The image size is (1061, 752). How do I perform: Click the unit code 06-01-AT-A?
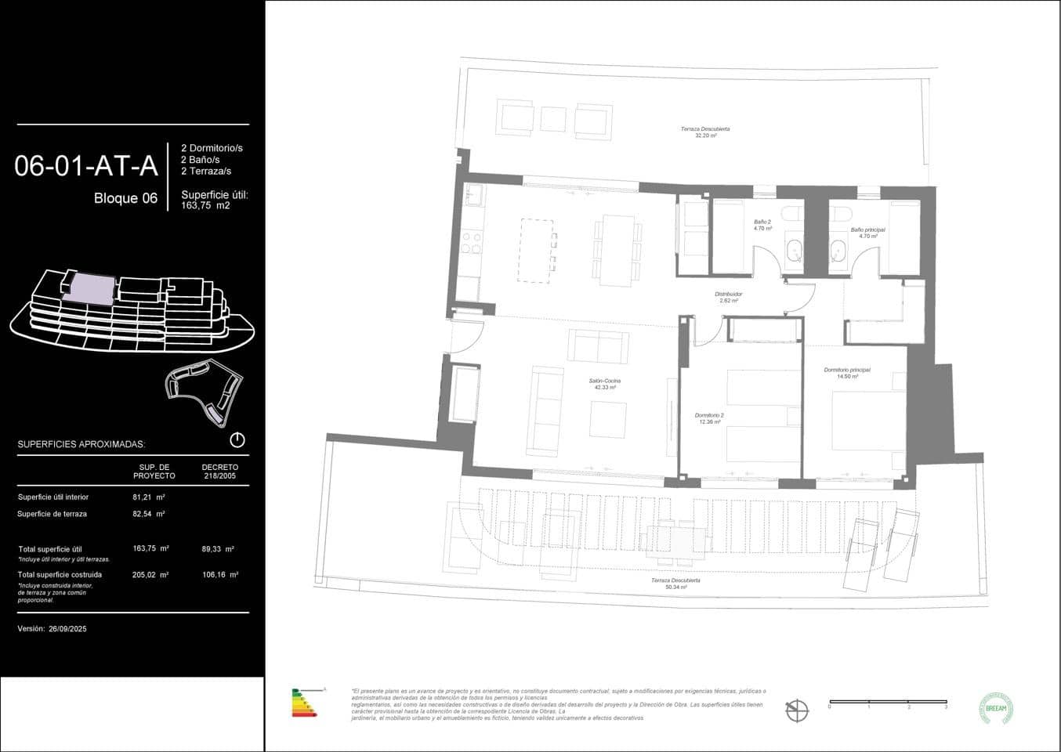click(x=86, y=166)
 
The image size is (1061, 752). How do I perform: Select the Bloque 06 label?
click(x=125, y=198)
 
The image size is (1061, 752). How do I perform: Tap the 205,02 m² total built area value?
click(x=150, y=574)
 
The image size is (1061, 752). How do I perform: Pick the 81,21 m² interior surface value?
click(x=148, y=497)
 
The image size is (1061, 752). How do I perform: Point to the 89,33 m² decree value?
click(x=219, y=549)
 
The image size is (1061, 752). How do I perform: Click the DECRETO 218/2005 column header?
click(x=219, y=471)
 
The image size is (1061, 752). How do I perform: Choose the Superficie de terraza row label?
click(x=52, y=514)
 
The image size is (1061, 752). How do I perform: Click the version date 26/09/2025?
click(x=67, y=628)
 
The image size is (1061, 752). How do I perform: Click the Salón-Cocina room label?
click(x=605, y=384)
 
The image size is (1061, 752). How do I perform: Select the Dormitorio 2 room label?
click(x=709, y=418)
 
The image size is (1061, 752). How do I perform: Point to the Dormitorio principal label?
click(x=846, y=372)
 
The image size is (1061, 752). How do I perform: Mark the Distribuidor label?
click(x=729, y=297)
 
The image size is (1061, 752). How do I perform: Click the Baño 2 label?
click(x=762, y=225)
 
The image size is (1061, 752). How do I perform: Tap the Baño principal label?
click(x=867, y=233)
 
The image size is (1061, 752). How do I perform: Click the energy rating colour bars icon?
click(x=305, y=703)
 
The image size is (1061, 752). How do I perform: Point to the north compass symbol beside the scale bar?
click(x=797, y=710)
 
